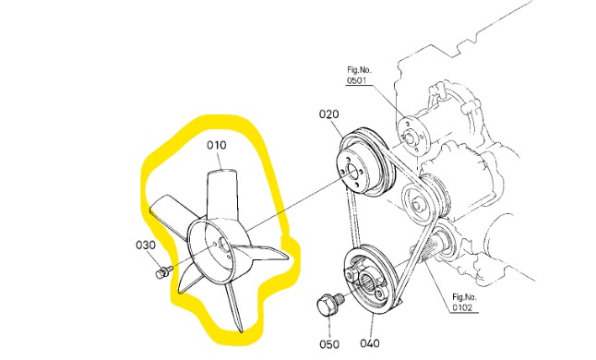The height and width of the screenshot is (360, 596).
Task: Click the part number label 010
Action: [x=216, y=145]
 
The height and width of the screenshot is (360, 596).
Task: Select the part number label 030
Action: [x=145, y=246]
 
